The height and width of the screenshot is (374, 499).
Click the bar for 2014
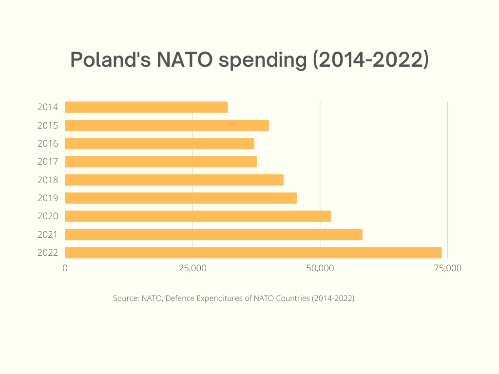click(146, 107)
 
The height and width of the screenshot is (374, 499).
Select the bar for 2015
click(167, 125)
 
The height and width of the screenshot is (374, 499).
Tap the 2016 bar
click(159, 144)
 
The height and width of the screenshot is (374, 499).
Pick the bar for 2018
click(174, 180)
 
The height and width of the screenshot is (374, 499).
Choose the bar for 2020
click(198, 216)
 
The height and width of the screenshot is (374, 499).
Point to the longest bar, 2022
click(253, 253)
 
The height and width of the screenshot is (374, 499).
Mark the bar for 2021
click(213, 234)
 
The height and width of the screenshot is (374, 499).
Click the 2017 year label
click(48, 162)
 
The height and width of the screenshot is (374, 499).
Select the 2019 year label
click(48, 198)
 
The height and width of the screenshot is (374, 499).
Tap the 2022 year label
click(48, 253)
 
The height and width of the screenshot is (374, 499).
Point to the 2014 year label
click(48, 107)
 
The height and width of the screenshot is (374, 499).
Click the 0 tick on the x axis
click(65, 268)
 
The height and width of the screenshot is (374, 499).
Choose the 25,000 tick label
click(192, 268)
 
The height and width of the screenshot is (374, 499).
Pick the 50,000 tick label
click(320, 268)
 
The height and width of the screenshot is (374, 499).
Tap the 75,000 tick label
click(447, 268)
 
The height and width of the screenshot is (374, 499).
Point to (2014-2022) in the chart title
click(370, 59)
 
